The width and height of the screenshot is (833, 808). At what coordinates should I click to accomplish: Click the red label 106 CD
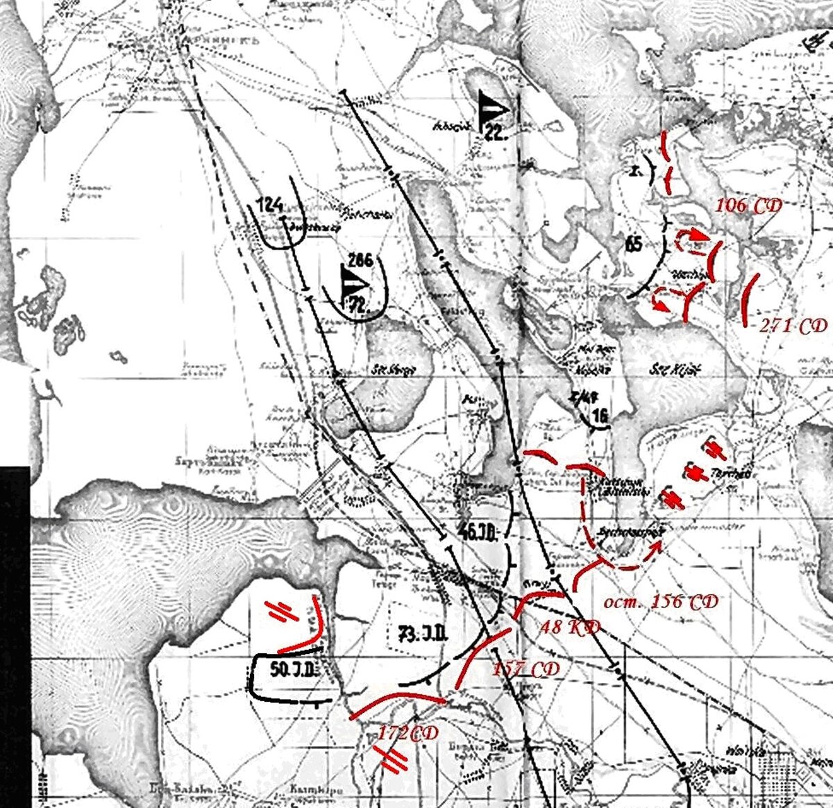(748, 205)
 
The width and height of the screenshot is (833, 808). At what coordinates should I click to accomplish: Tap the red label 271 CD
(791, 326)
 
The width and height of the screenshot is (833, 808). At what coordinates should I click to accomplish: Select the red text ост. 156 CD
(660, 602)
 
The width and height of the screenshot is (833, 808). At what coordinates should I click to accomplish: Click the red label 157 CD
(525, 669)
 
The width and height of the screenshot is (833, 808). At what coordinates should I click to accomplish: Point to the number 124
(269, 205)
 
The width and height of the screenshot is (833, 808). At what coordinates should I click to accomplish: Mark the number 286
(361, 261)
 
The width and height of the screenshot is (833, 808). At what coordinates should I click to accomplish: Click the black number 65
(633, 244)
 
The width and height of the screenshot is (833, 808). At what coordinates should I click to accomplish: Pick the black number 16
(600, 416)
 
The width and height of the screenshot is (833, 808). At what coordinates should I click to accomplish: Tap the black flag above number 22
(493, 109)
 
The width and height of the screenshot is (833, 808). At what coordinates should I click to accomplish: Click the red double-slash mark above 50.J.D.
(285, 610)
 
